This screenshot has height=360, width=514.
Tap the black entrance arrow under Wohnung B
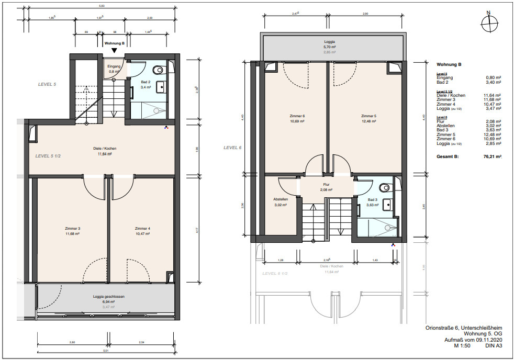point(114,50)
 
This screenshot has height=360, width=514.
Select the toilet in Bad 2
point(159,69)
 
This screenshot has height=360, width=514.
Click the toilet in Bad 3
point(385,187)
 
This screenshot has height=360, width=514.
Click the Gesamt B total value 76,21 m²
point(491,156)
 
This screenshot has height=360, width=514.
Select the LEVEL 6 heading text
point(232,148)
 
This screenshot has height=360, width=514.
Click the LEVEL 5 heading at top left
point(47,84)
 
